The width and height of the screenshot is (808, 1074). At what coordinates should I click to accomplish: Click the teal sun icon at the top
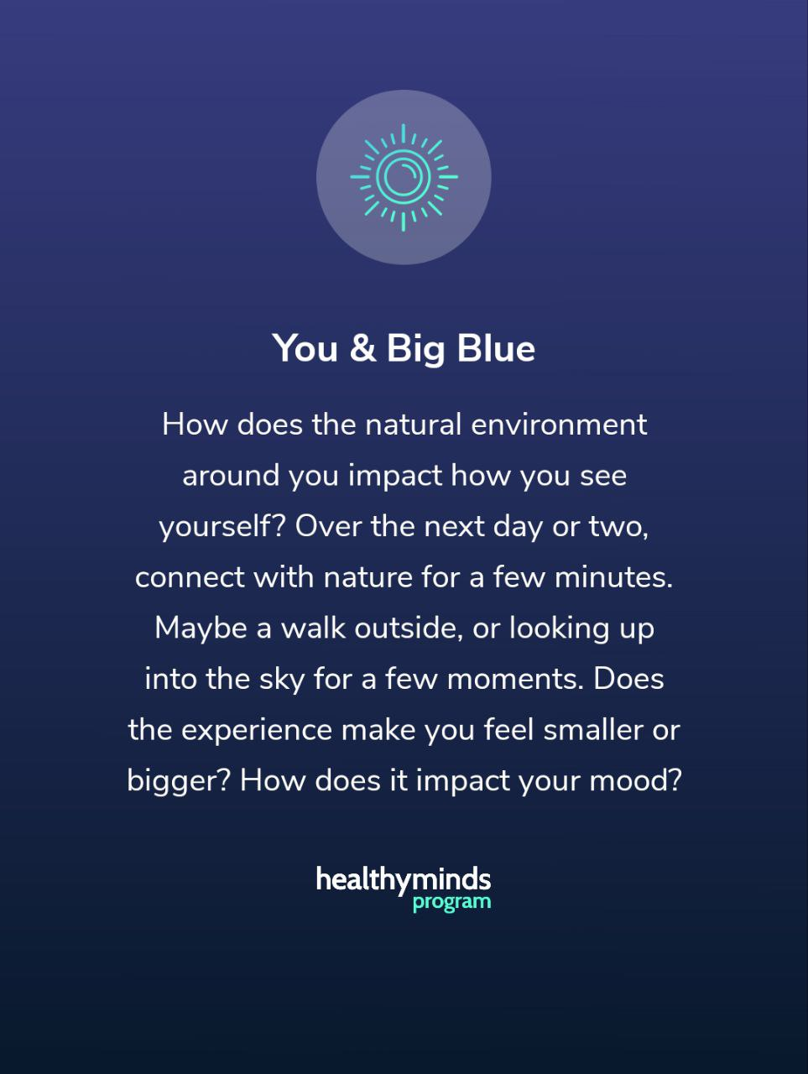[x=404, y=177]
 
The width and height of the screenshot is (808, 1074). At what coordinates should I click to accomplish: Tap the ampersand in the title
[x=363, y=348]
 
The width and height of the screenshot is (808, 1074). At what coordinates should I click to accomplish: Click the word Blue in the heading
[x=496, y=348]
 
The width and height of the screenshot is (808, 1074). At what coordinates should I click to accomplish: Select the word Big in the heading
[x=416, y=349]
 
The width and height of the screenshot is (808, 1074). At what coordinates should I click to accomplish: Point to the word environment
[x=559, y=425]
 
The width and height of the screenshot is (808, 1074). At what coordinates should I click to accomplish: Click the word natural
[x=414, y=424]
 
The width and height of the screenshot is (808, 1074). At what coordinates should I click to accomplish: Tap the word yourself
[x=222, y=527]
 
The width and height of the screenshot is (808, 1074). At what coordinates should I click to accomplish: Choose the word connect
[x=190, y=578]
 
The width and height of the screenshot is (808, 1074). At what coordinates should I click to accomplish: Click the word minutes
[x=613, y=577]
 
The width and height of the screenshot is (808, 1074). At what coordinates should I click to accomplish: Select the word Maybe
[x=201, y=628]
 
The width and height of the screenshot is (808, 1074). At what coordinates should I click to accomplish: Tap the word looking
[x=560, y=629]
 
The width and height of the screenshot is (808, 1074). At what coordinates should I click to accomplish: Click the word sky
[x=282, y=680]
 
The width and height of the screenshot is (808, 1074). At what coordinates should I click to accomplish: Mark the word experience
[x=257, y=731]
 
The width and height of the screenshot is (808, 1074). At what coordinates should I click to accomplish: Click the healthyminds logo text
[x=404, y=880]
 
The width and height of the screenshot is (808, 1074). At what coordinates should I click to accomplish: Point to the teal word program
[x=452, y=903]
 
